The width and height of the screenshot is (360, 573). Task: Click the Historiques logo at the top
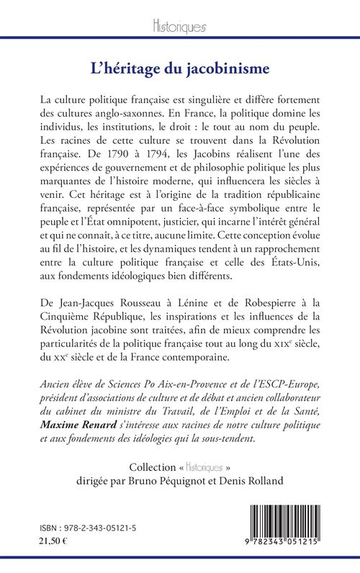tap(180, 27)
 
